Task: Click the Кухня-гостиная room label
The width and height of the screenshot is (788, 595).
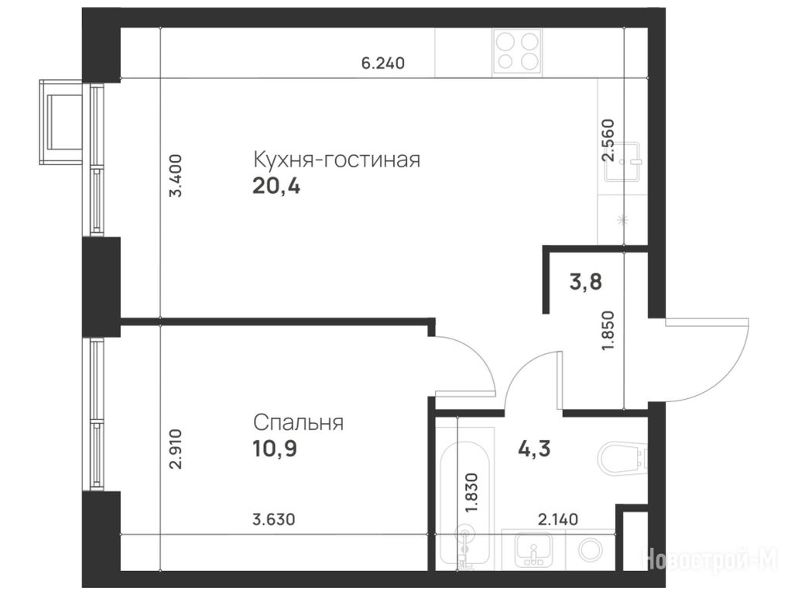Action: point(336,160)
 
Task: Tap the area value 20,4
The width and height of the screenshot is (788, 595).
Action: point(276,187)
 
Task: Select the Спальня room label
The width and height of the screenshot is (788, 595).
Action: point(298,422)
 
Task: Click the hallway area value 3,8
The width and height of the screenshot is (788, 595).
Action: point(585,282)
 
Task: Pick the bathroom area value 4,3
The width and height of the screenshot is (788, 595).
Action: point(534,448)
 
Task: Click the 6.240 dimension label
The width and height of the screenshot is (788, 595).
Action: point(383,64)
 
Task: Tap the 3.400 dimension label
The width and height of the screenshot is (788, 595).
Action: point(176,176)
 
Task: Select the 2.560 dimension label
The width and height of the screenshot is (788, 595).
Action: point(608,139)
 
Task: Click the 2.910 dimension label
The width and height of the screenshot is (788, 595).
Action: point(176,449)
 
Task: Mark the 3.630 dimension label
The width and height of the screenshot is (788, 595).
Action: point(273,518)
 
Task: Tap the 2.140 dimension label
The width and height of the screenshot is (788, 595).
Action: point(558,518)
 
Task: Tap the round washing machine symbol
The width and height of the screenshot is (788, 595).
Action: point(591,550)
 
